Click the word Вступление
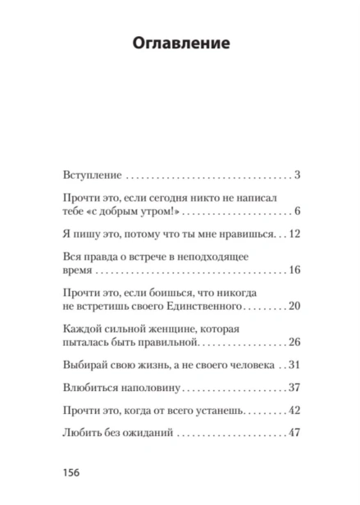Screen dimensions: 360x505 [x=92, y=175]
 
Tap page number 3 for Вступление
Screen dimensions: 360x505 [x=299, y=175]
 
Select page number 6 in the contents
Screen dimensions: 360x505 [x=299, y=212]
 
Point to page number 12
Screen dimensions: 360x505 [x=296, y=234]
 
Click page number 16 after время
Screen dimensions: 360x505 [x=296, y=271]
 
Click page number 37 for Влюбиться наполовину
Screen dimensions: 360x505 [x=296, y=388]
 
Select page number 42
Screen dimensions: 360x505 [x=296, y=411]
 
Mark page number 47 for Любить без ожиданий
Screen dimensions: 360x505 [x=296, y=434]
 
